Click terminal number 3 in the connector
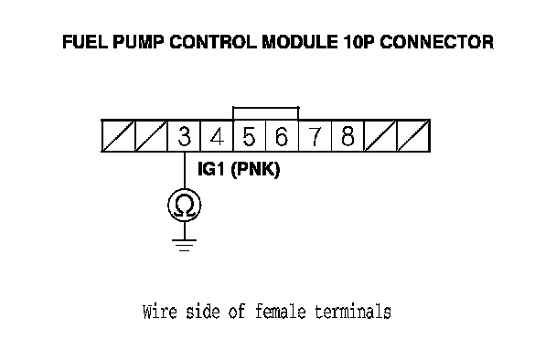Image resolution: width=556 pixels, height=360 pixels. point(184,136)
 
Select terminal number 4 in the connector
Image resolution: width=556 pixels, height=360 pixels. point(217,136)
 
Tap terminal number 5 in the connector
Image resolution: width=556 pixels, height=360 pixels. point(250,136)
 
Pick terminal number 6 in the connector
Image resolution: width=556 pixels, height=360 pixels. point(282,136)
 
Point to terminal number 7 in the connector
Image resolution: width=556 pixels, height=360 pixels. point(315,136)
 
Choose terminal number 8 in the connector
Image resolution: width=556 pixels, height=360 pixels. point(347,136)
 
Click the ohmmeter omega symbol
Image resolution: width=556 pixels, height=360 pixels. point(185,206)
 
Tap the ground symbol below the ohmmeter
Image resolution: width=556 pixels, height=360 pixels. point(184,245)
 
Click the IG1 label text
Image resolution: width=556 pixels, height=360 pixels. point(211,169)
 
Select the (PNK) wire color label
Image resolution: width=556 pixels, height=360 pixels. point(255,169)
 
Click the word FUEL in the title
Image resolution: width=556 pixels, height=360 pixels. point(85,42)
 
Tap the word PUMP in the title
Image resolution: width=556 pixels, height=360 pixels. point(138,42)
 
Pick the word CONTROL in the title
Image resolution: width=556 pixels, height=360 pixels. point(213,42)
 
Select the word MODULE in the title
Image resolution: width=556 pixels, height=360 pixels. point(300,42)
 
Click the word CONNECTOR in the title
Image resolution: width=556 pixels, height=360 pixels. point(436,42)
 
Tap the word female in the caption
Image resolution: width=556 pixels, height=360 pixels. point(280,312)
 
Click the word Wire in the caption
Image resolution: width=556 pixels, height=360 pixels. point(159,312)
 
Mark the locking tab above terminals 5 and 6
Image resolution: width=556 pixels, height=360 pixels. point(265,108)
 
